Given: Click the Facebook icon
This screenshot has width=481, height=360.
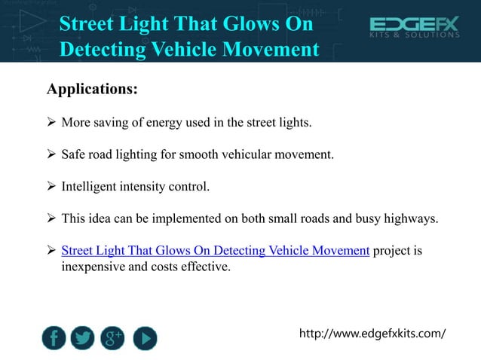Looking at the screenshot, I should tap(54, 337).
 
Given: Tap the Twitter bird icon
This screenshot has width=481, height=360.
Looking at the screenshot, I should tap(83, 337).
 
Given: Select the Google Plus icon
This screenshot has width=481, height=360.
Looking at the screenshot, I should tap(113, 337).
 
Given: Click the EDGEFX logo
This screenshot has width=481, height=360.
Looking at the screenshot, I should tap(413, 29).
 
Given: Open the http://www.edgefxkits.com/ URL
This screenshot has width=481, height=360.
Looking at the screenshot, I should tap(372, 332).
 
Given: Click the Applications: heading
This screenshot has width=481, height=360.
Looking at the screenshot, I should tap(92, 90).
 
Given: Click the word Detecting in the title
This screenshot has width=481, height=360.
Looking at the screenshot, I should tap(105, 50).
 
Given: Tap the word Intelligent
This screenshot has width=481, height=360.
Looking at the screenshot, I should tap(90, 185).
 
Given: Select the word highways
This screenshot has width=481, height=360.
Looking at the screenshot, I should tap(413, 218).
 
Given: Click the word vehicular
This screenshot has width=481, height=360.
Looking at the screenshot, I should tap(253, 154).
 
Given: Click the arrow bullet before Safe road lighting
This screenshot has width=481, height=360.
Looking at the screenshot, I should tap(52, 154).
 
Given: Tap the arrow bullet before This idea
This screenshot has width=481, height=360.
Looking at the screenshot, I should tap(52, 218).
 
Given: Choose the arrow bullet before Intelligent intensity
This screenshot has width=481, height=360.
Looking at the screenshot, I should tap(52, 185).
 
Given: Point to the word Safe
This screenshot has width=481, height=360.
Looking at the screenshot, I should tap(74, 154).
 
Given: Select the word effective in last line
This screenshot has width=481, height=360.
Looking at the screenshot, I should tap(203, 266).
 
